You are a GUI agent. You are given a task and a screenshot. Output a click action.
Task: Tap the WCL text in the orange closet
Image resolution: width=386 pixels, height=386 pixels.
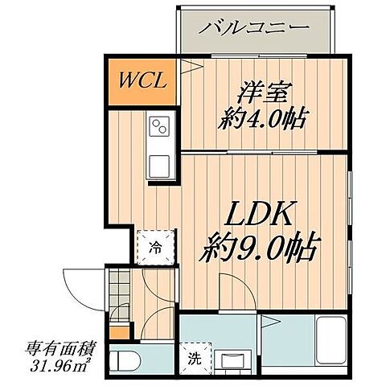pyautogui.click(x=143, y=80)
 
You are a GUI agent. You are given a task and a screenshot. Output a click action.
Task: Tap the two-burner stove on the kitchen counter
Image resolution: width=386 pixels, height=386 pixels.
pyautogui.click(x=158, y=126)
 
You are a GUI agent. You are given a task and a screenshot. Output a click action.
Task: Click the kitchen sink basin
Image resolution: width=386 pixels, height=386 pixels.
pyautogui.click(x=158, y=167)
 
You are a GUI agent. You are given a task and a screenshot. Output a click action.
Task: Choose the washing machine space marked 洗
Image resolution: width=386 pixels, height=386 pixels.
pyautogui.click(x=195, y=358)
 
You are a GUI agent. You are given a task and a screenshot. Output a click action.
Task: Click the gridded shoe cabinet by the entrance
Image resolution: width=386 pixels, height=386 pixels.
pyautogui.click(x=119, y=285)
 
